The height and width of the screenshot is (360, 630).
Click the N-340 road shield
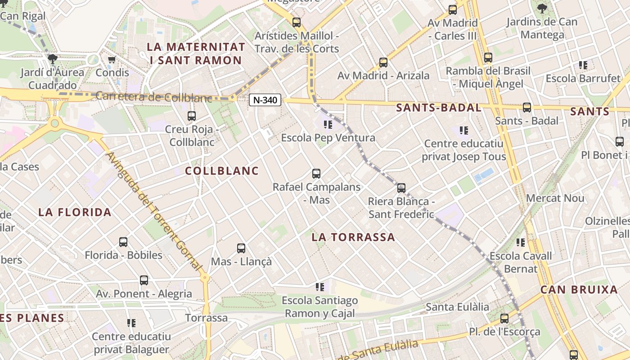(265, 100)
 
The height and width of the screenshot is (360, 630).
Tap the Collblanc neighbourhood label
(222, 171)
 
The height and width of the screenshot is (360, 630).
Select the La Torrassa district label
(353, 237)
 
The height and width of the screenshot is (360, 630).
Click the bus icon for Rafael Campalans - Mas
(316, 174)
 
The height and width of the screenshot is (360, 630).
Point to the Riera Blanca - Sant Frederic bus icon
(401, 188)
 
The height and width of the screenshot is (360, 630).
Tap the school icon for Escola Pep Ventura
(328, 124)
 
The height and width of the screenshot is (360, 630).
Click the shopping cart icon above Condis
(112, 59)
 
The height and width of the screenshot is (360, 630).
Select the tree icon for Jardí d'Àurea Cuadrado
(53, 58)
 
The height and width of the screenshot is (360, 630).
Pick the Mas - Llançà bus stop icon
(241, 248)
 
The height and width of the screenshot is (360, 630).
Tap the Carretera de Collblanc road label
(153, 97)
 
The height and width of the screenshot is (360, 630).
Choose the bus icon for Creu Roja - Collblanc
(192, 116)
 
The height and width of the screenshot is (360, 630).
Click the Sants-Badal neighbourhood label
(439, 108)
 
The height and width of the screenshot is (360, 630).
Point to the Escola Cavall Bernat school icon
(521, 243)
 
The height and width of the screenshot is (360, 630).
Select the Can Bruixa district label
(579, 290)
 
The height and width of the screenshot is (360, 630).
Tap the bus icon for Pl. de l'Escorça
(504, 319)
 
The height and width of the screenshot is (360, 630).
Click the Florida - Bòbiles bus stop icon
(123, 242)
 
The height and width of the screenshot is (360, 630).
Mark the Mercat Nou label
(555, 198)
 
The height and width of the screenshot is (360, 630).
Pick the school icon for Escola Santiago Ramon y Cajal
(320, 287)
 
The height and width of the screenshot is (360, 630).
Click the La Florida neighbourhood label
(75, 212)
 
